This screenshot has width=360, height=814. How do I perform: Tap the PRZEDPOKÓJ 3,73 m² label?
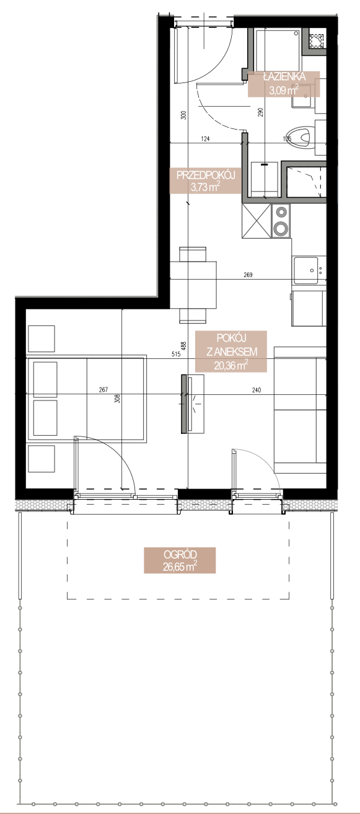click(206, 180)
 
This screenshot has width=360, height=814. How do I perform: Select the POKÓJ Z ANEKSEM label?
click(231, 352)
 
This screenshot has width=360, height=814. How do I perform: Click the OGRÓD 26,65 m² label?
click(180, 560)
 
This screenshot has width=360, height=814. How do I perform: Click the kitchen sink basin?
click(306, 270)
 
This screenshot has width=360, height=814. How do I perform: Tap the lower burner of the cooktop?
click(281, 229)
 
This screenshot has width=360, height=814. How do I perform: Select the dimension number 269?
click(248, 275)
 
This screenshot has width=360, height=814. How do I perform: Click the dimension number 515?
click(176, 354)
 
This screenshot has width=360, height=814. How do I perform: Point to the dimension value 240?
click(257, 391)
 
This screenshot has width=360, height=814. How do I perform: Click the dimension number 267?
click(103, 389)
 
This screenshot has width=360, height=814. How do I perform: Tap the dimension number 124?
click(205, 138)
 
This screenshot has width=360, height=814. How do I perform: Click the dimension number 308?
click(116, 399)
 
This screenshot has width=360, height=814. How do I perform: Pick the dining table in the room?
click(193, 285)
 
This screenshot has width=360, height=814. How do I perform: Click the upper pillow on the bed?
click(45, 379)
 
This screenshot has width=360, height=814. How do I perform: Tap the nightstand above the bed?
click(42, 338)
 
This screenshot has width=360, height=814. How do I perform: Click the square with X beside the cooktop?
click(257, 221)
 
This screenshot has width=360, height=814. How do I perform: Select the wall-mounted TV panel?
click(185, 404)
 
